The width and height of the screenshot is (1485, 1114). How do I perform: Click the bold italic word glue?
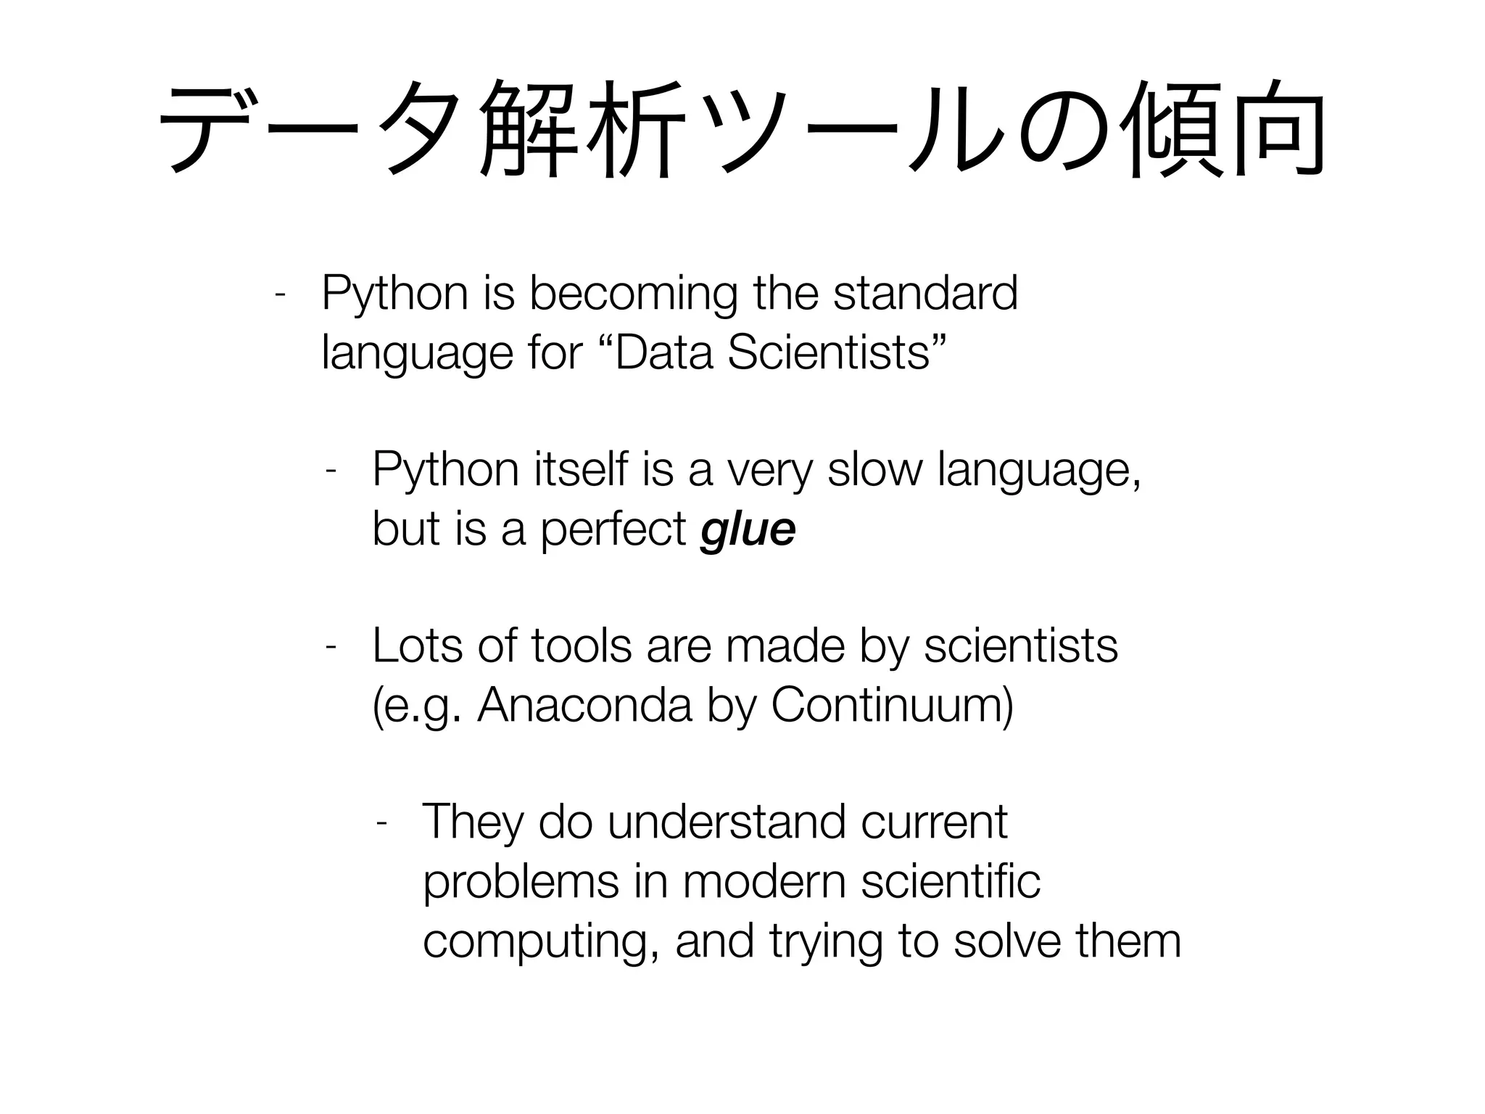748,530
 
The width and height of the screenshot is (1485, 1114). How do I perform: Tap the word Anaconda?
584,705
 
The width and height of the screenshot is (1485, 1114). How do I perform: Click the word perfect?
613,529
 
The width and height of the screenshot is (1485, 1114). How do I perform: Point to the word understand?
727,822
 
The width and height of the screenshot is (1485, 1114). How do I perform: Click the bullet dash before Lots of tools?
330,646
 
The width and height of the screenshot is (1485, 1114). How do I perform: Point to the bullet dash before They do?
381,822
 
